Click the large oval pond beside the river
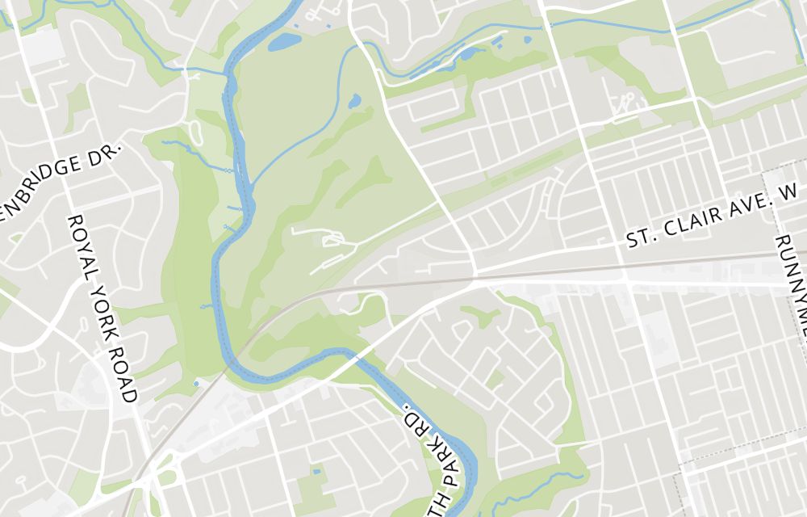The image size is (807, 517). tap(284, 41)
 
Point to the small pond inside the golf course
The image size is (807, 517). tap(354, 102)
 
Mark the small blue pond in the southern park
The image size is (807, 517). tap(316, 471)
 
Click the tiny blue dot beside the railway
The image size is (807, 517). tap(197, 384)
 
